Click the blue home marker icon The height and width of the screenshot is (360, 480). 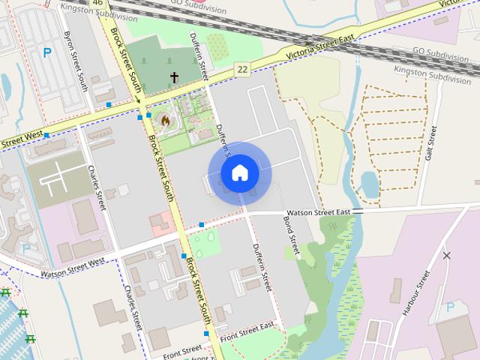tap(240, 173)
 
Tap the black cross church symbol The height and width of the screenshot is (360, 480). tap(174, 76)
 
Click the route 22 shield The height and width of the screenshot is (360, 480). tap(243, 69)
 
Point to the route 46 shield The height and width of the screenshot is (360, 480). tap(97, 3)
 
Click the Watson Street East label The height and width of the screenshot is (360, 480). tap(319, 212)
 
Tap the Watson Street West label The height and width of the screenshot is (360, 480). tap(73, 268)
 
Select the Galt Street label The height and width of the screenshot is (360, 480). tap(430, 142)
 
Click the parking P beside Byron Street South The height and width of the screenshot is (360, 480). tap(47, 52)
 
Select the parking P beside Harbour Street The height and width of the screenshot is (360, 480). tap(450, 307)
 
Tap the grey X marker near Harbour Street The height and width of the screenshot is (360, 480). tap(447, 256)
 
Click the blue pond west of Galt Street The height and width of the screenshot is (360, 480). tap(370, 183)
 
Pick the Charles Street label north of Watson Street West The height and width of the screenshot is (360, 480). tap(97, 187)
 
